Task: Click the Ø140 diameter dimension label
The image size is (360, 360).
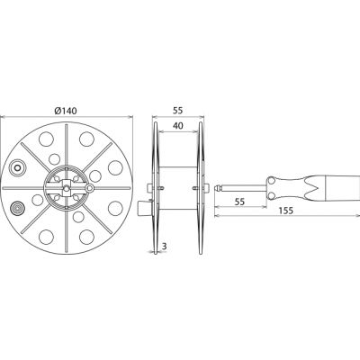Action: tap(66, 111)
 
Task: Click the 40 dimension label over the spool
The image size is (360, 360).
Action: tap(178, 126)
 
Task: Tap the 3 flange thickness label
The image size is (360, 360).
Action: tap(164, 247)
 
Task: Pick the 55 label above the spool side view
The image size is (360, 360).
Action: tap(177, 111)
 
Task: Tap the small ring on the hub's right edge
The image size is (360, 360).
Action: tap(89, 188)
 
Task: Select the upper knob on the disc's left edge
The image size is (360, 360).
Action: tap(17, 167)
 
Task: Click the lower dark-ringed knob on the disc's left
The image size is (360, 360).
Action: tap(17, 208)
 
